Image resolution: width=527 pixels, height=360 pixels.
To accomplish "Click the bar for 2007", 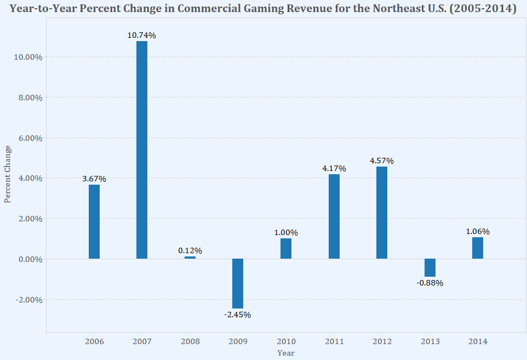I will coord(142,150).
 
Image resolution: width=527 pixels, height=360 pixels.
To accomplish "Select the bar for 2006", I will coord(94,221).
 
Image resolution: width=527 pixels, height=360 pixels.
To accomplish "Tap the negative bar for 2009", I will coord(238,283).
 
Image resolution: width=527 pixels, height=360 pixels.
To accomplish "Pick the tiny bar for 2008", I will coord(190,258).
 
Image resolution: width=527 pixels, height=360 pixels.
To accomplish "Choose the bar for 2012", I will coord(382,213).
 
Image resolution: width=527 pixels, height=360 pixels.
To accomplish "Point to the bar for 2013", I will coord(429,267).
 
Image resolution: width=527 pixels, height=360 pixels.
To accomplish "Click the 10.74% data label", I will coord(142,35).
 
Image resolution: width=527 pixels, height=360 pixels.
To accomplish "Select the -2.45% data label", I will coord(238,315).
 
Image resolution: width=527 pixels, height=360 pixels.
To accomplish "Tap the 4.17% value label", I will coord(334,168).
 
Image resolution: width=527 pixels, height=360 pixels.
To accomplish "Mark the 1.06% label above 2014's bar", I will coord(477,231).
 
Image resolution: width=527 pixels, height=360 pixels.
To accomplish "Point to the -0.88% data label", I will coord(429,283).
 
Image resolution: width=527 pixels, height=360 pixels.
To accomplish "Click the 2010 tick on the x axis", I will coord(285,341).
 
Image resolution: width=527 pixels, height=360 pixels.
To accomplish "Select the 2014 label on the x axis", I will coord(477,341).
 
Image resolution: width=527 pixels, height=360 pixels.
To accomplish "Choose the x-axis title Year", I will coord(285,353).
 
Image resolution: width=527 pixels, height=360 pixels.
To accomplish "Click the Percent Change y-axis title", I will coord(8,174).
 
